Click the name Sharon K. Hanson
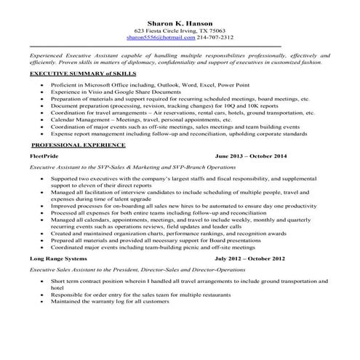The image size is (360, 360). pos(180,23)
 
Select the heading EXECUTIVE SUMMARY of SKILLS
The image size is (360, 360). pos(73,74)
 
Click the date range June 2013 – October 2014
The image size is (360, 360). pos(252,156)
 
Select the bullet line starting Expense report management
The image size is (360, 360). pos(182,134)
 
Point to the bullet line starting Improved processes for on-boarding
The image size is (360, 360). pos(183,205)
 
